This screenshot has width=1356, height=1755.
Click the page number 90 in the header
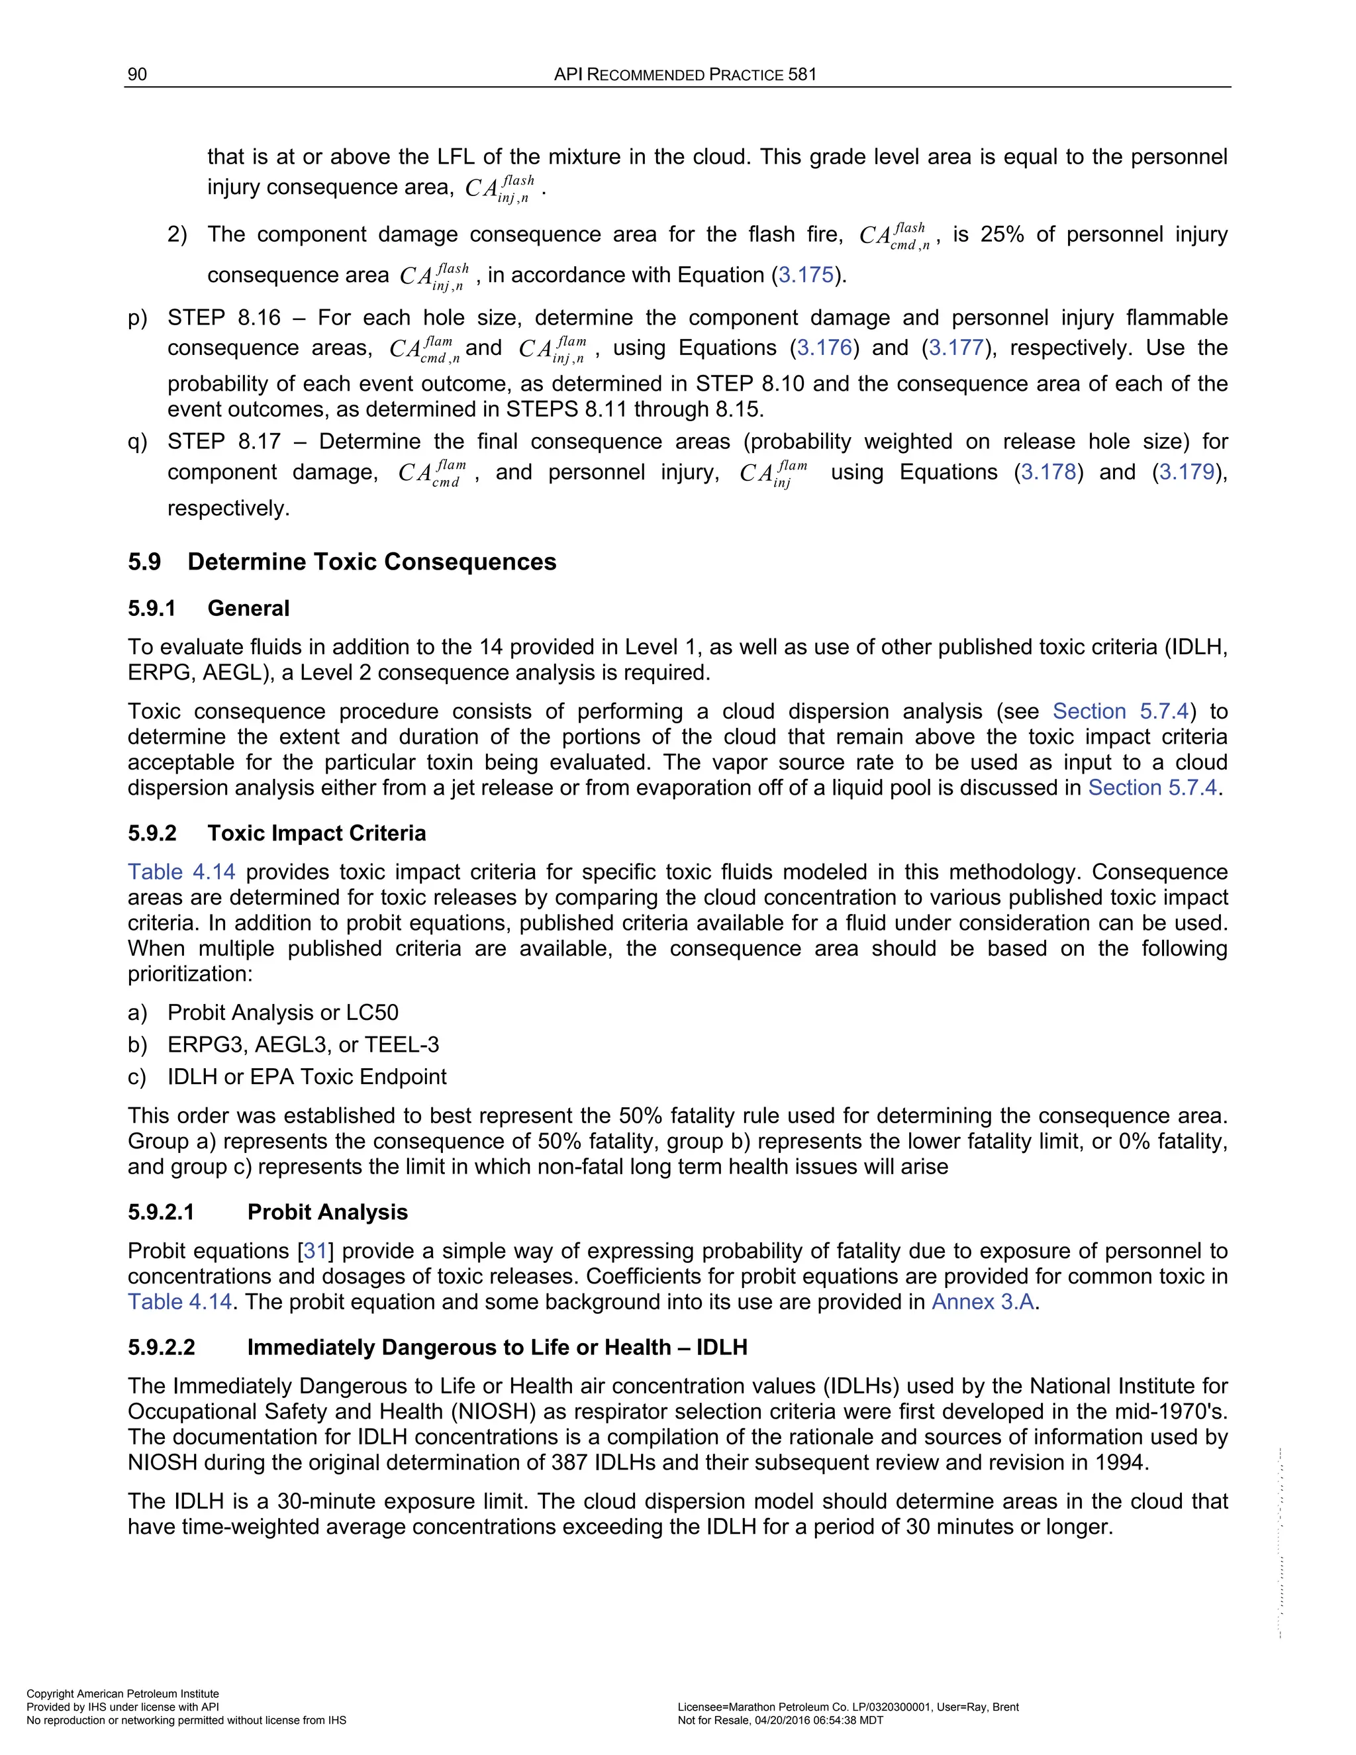(x=137, y=75)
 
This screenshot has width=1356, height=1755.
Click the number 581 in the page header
(x=802, y=75)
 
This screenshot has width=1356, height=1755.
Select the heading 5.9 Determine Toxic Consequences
(x=342, y=562)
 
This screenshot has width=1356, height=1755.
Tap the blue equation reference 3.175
(x=806, y=276)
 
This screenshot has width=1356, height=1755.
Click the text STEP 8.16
(x=224, y=318)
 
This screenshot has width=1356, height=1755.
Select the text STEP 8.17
(x=224, y=442)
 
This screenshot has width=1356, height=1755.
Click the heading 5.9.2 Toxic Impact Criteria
(x=277, y=833)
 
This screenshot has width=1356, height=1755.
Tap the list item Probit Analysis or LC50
(x=283, y=1013)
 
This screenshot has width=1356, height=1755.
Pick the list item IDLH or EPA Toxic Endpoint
(x=307, y=1077)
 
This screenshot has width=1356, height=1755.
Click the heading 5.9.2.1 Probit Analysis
(x=268, y=1212)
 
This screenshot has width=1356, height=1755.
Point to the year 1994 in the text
(x=1122, y=1462)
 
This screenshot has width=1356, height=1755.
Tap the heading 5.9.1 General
(x=209, y=609)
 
